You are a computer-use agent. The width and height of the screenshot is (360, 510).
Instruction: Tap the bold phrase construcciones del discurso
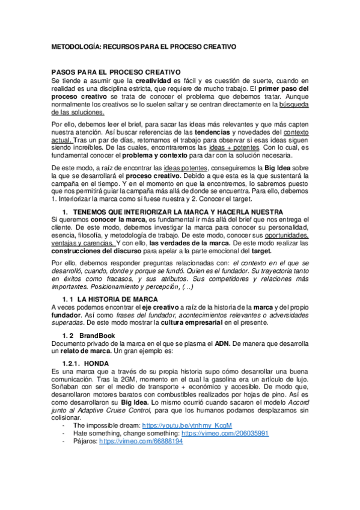tap(90, 251)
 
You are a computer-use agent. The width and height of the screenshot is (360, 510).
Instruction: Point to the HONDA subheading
tap(97, 363)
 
